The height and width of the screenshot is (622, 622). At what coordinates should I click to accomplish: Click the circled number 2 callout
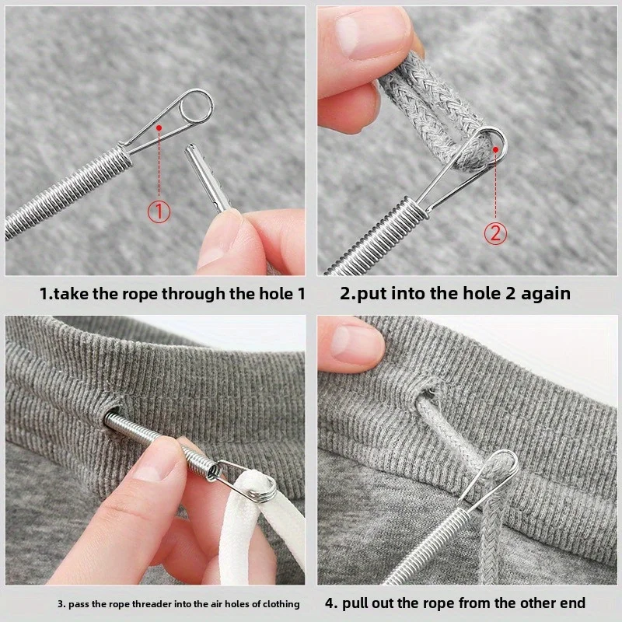(495, 232)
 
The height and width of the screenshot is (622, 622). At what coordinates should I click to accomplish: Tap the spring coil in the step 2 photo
(373, 233)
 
